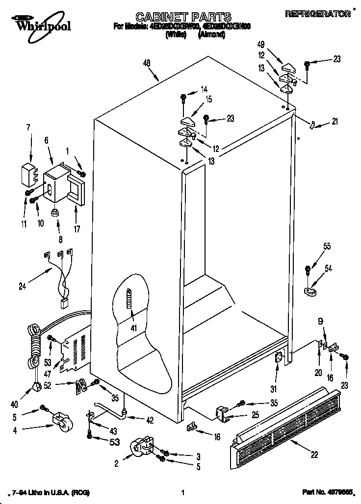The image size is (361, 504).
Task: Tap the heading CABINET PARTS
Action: (x=176, y=18)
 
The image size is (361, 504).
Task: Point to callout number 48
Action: (x=147, y=62)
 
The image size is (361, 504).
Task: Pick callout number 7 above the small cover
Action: (x=28, y=128)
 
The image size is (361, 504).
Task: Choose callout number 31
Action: (x=274, y=389)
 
